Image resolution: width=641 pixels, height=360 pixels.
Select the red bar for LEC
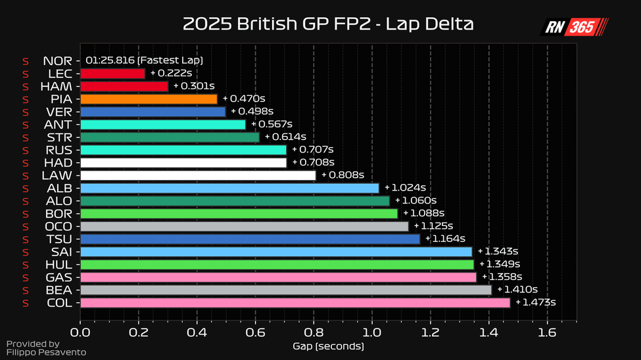[112, 74]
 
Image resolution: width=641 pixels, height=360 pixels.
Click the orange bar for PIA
[149, 99]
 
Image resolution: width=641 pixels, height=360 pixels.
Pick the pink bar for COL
[295, 303]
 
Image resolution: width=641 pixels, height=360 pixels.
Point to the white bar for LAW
[198, 175]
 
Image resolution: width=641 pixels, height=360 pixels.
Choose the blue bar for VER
[153, 112]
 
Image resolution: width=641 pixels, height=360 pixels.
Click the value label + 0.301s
[194, 86]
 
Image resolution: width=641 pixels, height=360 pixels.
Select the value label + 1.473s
[535, 303]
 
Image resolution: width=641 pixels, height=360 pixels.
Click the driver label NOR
[57, 60]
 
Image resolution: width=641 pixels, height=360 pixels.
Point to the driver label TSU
[58, 239]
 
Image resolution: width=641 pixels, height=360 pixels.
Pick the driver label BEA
[58, 290]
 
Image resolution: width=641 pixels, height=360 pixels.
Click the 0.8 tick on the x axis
[314, 332]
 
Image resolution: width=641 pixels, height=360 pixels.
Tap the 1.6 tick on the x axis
[547, 332]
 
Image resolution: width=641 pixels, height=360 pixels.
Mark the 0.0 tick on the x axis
[80, 332]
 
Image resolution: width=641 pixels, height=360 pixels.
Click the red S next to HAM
[25, 87]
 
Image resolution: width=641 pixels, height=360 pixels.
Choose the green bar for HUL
[277, 265]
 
